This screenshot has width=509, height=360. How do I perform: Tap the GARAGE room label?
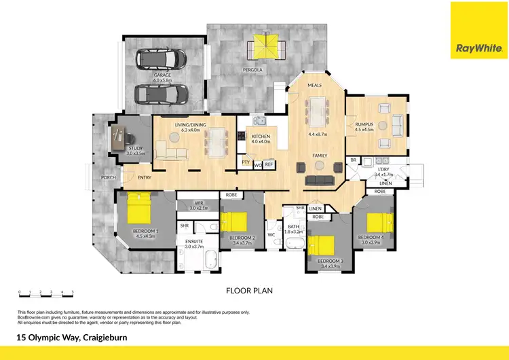point(162,75)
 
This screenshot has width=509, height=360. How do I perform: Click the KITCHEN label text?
point(261,137)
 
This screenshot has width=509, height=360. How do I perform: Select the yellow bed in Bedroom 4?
point(380,223)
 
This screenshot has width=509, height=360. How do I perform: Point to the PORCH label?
point(107,178)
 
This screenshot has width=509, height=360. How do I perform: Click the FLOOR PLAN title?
point(249,289)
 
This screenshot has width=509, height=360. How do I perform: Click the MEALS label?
point(314,86)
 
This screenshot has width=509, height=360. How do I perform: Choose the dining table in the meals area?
point(318,111)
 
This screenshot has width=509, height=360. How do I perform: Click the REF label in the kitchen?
point(268,164)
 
